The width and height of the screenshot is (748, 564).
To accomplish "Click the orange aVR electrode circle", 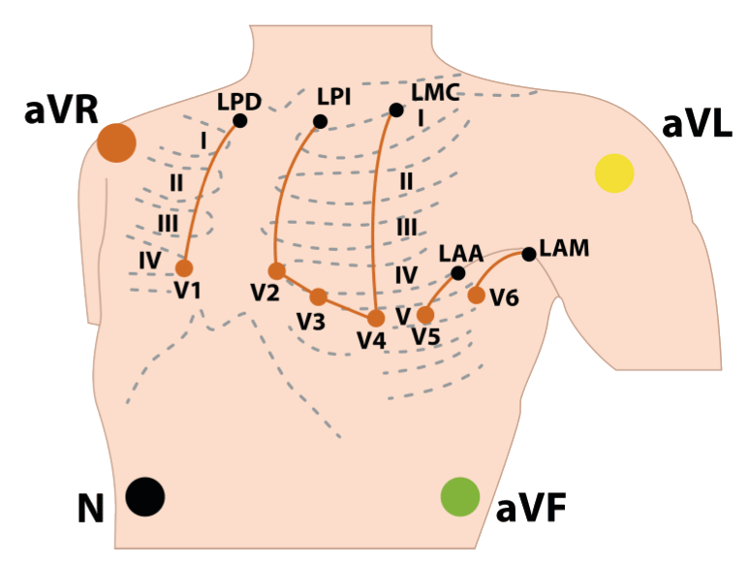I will tap(116, 142).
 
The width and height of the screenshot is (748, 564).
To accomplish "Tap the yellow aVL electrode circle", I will tap(614, 172).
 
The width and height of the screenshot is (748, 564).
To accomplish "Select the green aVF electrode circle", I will tap(459, 496).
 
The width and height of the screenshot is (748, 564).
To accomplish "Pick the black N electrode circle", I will tap(145, 496).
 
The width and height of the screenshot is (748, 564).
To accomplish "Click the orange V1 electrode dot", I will tap(184, 268).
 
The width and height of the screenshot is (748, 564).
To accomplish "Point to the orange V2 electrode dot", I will tap(277, 271).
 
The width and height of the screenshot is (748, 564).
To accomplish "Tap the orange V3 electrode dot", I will tap(319, 298).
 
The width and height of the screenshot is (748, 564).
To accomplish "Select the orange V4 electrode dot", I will tap(376, 318).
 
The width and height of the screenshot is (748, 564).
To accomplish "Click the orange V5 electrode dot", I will tap(425, 315).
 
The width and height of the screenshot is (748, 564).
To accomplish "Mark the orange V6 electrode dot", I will tap(477, 295).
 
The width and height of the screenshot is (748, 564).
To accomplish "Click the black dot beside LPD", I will tap(240, 121).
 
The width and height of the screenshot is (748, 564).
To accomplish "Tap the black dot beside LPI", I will tap(320, 121).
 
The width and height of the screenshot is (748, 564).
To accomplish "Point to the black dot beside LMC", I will tap(395, 110).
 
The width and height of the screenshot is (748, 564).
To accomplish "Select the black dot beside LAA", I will tap(458, 273).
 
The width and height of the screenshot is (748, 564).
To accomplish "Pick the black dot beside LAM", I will tap(529, 254).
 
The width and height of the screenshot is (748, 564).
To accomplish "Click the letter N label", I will tap(91, 510).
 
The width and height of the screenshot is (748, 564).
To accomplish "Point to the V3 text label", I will tap(310, 323).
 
